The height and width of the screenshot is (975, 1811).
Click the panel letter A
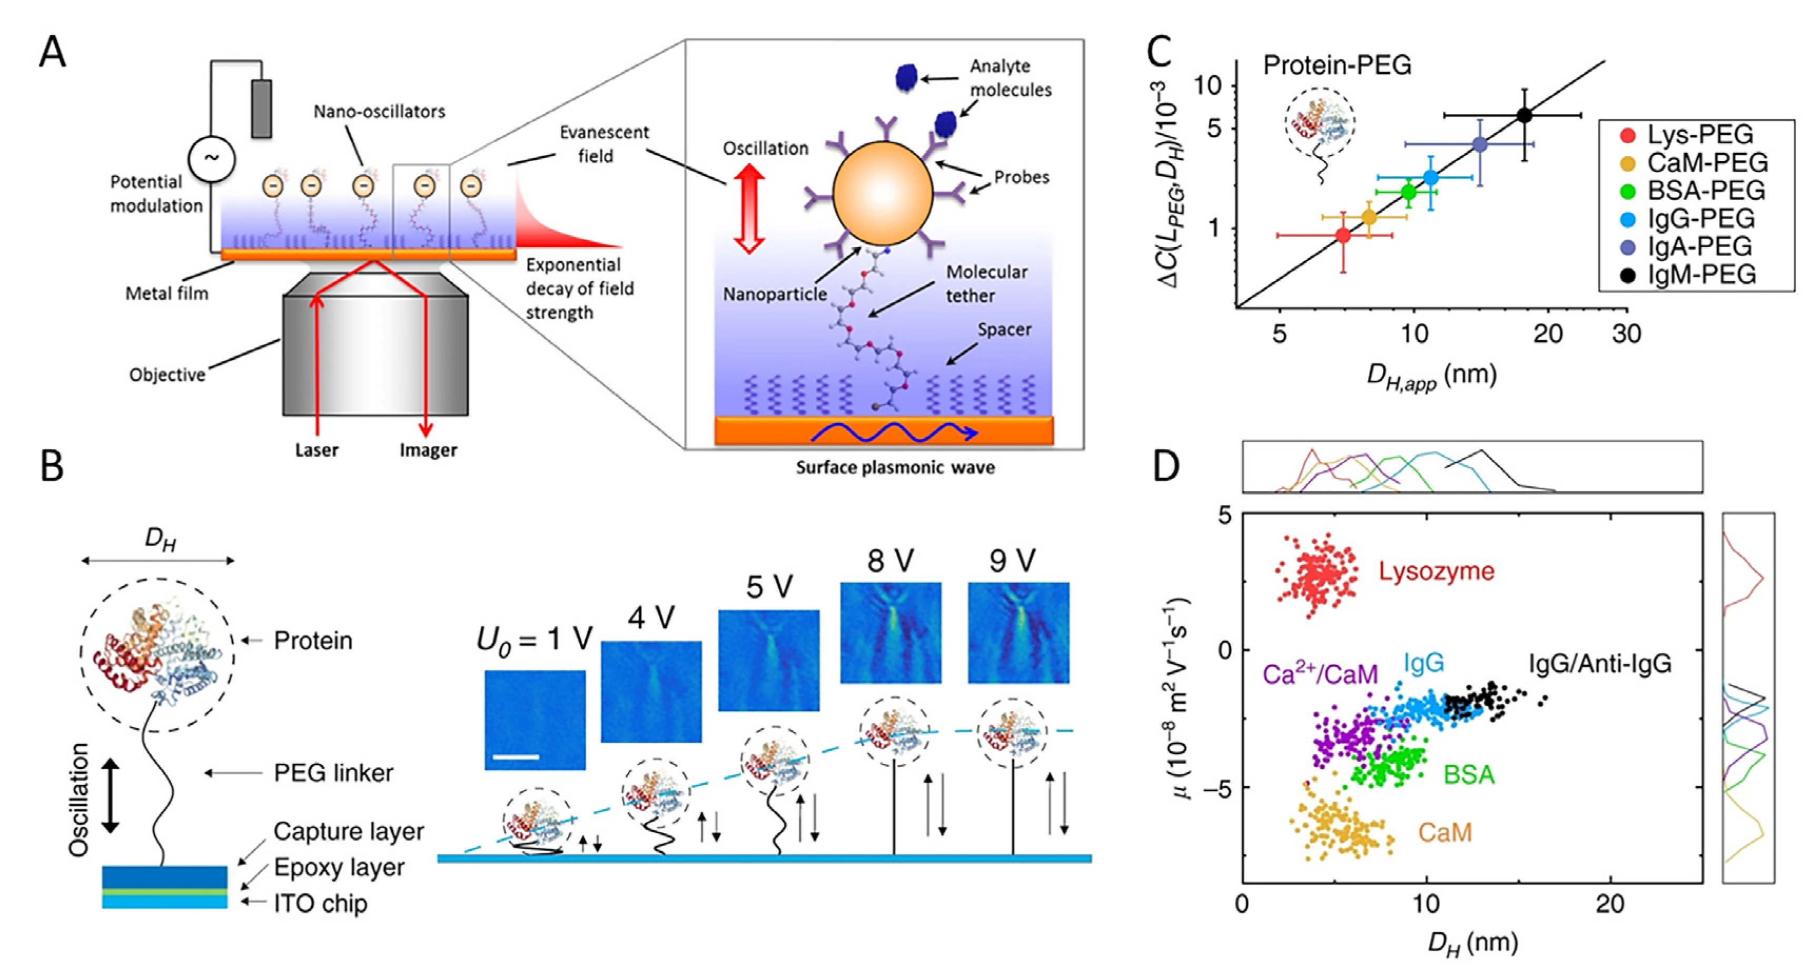(x=52, y=53)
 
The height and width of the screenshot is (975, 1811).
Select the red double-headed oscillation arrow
(x=749, y=209)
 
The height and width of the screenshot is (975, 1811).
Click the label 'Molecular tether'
(x=986, y=283)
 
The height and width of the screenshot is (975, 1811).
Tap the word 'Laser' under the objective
(x=316, y=450)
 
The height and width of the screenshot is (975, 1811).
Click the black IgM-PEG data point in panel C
(x=1524, y=115)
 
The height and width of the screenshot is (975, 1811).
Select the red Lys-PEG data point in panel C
(x=1343, y=235)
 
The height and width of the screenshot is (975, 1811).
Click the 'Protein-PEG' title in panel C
(x=1337, y=65)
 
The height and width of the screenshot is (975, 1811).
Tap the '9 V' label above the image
(x=1012, y=561)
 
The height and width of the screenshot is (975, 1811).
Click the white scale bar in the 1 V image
(x=516, y=757)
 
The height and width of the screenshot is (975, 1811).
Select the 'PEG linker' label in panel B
(x=333, y=773)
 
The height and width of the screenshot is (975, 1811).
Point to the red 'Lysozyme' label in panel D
(x=1436, y=571)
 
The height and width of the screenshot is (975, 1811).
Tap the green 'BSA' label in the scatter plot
(x=1469, y=775)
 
